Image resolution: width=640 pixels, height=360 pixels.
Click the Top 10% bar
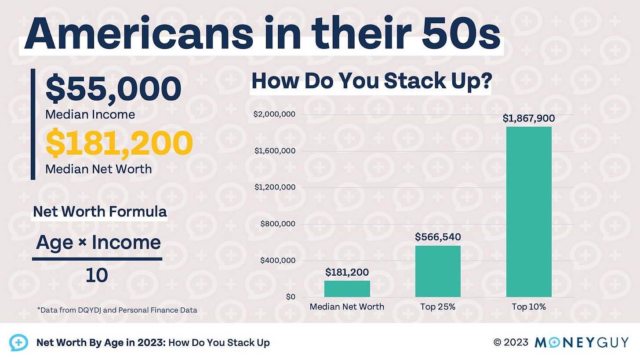(528, 212)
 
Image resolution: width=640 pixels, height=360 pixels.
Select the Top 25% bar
(438, 271)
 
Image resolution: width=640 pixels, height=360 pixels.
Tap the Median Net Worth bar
(347, 289)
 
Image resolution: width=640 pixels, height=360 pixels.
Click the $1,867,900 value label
(529, 118)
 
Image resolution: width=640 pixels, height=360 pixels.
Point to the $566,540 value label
(438, 237)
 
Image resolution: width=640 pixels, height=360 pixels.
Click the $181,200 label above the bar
(347, 273)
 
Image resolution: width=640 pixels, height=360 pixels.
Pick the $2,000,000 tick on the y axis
(274, 115)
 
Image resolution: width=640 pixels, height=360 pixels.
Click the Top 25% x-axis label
(438, 307)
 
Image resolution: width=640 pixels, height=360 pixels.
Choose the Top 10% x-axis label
(528, 307)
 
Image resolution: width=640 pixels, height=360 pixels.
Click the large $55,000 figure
(113, 89)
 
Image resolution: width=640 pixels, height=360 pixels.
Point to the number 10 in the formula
(97, 275)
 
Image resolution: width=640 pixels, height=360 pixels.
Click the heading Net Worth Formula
(100, 212)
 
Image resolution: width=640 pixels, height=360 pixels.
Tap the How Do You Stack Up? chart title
(371, 82)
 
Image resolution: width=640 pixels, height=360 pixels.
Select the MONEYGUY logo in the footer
(582, 342)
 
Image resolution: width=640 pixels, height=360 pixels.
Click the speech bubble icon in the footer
(19, 342)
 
